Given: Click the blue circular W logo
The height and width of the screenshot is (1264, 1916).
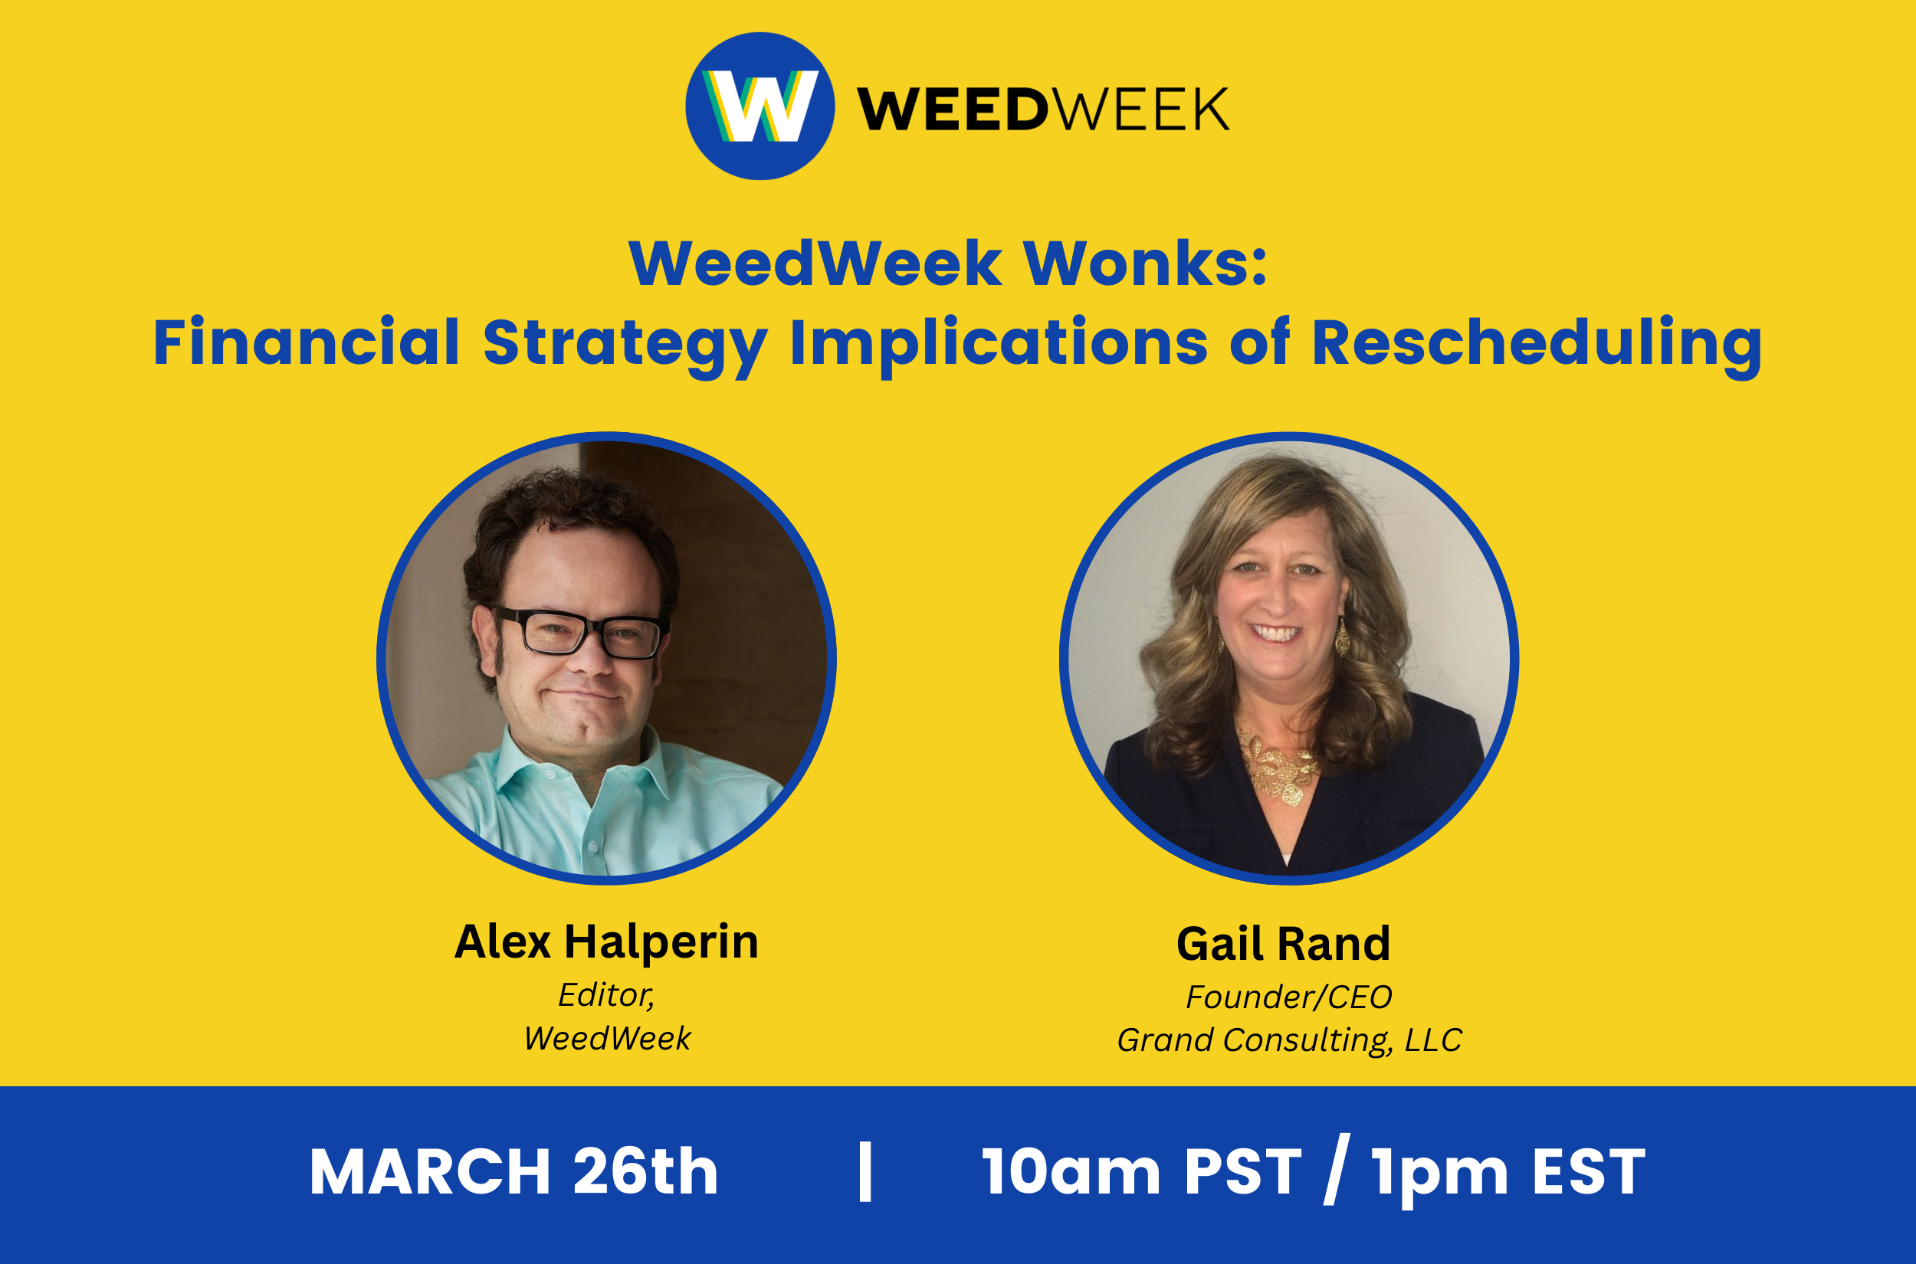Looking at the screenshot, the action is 760,106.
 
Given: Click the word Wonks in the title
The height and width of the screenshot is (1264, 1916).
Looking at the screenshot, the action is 1145,264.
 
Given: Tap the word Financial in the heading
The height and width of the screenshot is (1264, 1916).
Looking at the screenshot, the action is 307,342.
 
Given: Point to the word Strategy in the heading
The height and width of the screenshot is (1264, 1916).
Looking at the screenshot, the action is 625,345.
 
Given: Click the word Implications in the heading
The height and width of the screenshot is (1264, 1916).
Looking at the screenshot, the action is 999,345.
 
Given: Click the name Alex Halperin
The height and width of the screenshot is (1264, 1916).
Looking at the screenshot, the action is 606,941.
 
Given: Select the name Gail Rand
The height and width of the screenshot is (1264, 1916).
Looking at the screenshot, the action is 1284,944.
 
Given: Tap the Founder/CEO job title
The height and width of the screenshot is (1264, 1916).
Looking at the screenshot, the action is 1288,997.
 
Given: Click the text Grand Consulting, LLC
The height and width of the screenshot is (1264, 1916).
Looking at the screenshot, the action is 1288,1040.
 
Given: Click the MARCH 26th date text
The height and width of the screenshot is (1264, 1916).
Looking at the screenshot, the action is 513,1171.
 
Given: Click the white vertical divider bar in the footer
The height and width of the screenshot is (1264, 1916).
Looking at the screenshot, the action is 865,1171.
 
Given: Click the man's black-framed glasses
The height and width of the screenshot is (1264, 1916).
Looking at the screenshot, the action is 582,631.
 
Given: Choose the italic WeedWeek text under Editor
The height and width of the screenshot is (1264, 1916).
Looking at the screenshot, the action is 607,1038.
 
